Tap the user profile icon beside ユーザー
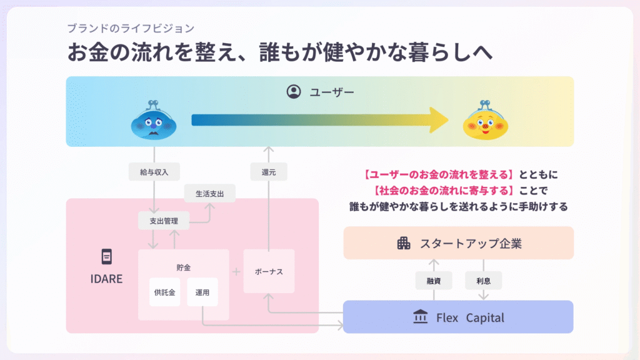pyautogui.click(x=293, y=92)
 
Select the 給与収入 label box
pyautogui.click(x=154, y=171)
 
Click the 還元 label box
pyautogui.click(x=268, y=171)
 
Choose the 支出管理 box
pyautogui.click(x=163, y=220)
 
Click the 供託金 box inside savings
pyautogui.click(x=164, y=292)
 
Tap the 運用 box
pyautogui.click(x=202, y=292)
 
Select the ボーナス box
pyautogui.click(x=269, y=272)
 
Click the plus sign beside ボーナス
pyautogui.click(x=236, y=272)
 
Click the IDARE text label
pyautogui.click(x=107, y=279)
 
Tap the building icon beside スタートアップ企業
pyautogui.click(x=404, y=243)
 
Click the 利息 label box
pyautogui.click(x=483, y=281)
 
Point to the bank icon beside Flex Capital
pyautogui.click(x=421, y=317)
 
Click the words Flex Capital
pyautogui.click(x=470, y=317)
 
